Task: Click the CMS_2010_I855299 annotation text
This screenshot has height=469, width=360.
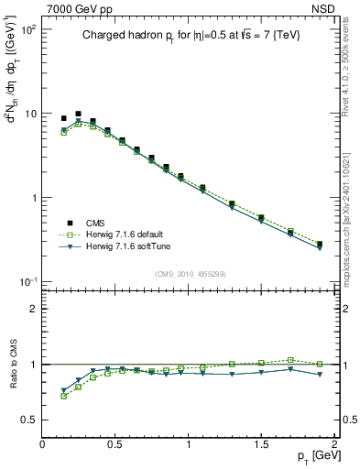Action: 190,273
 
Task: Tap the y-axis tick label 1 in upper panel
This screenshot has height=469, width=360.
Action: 33,198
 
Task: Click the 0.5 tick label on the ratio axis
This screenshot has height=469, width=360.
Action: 29,420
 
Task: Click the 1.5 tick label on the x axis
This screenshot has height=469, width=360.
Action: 261,444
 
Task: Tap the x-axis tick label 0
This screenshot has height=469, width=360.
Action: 42,444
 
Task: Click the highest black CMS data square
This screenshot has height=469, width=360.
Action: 78,114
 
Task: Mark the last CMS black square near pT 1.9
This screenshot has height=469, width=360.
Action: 319,245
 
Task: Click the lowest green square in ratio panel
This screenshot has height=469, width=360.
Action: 63,396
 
